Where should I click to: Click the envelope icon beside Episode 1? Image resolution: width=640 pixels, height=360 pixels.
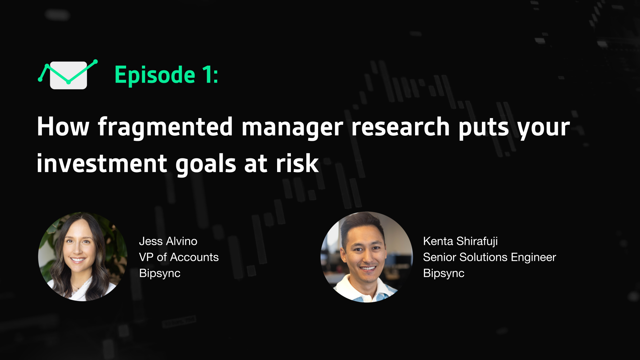[x=68, y=75]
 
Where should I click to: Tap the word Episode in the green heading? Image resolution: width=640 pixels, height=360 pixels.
[x=155, y=75]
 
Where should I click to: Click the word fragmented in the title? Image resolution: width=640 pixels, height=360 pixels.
[x=165, y=127]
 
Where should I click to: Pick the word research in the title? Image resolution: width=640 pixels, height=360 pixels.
[x=401, y=127]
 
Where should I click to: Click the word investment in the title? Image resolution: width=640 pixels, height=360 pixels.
[x=102, y=163]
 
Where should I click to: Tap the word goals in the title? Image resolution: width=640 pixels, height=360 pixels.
[x=206, y=164]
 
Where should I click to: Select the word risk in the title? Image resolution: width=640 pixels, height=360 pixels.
[x=297, y=163]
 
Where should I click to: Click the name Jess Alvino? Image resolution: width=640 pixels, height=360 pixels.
[x=168, y=241]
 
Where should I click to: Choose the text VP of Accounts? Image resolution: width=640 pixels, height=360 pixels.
[x=179, y=257]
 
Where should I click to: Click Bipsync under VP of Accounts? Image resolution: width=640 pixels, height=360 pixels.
[x=160, y=273]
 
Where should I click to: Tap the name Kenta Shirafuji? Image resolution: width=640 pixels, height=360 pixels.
[x=460, y=242]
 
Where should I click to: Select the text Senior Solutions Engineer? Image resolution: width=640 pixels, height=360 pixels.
[x=490, y=258]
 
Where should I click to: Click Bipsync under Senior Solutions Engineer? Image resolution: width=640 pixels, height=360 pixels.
[x=444, y=273]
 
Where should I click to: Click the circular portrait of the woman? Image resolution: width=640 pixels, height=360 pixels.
[x=83, y=257]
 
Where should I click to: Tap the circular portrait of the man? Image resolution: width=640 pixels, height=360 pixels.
[x=367, y=257]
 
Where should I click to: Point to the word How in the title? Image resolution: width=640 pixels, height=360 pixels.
[x=63, y=127]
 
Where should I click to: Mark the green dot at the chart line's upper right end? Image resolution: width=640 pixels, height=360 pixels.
[x=95, y=61]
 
